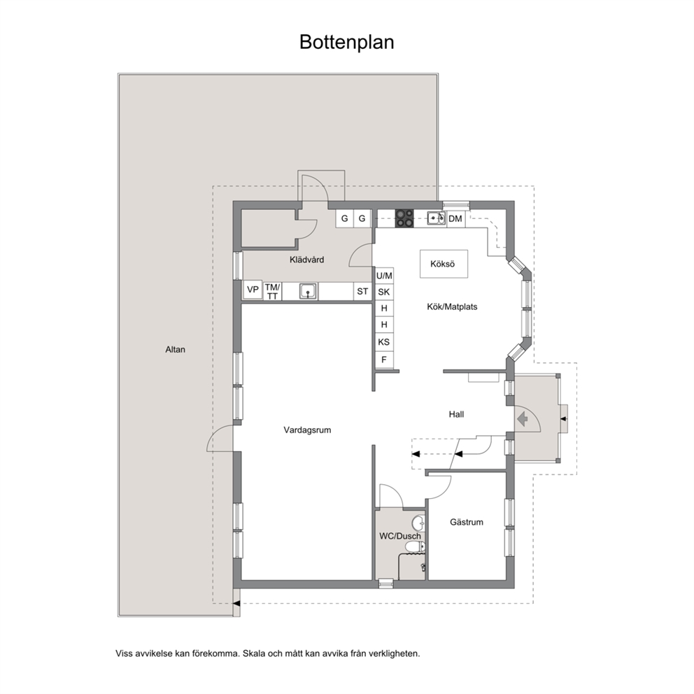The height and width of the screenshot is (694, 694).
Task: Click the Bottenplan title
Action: point(346,43)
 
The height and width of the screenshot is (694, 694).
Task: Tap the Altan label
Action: point(176,350)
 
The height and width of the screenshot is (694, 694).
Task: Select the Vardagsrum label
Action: point(307,430)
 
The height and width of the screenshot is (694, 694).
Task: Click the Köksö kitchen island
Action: point(444,264)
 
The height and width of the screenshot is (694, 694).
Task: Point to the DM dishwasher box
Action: point(456,219)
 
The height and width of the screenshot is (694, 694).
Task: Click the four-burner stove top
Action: point(404,219)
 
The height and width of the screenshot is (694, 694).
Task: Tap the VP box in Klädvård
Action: point(253,290)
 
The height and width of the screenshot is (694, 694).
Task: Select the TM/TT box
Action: point(272,291)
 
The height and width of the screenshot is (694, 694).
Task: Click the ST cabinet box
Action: point(362,291)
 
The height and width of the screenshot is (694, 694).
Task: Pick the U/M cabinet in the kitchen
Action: point(384,276)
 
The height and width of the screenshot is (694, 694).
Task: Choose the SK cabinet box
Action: point(384,292)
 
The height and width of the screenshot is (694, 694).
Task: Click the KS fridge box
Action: point(384,342)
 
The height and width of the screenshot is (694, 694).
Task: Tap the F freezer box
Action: point(384,360)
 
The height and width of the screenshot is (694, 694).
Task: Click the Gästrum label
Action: point(467,523)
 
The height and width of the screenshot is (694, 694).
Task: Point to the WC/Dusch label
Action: point(400,537)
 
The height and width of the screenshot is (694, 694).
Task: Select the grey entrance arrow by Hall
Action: point(523,418)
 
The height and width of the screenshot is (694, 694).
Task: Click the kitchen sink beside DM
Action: point(437,219)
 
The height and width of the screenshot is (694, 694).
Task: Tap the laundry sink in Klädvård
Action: point(308,291)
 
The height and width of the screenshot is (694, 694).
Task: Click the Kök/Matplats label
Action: point(452,306)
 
